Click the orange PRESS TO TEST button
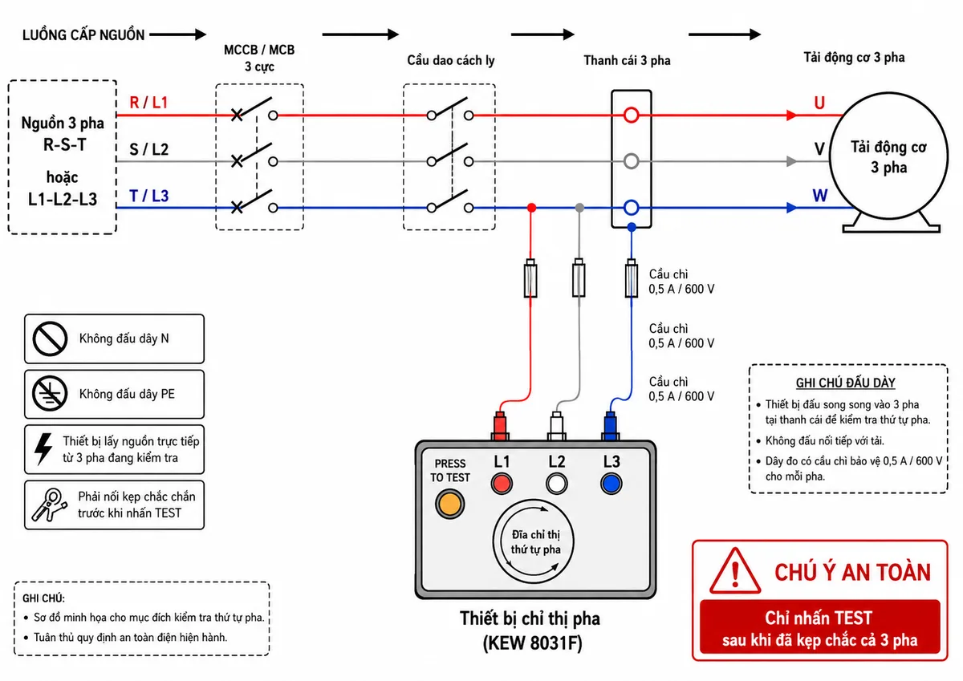[x=449, y=504]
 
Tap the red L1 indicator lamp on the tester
[x=502, y=484]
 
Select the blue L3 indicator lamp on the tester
[x=612, y=484]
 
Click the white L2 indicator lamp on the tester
[x=557, y=484]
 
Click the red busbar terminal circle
[x=631, y=107]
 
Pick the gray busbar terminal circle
[x=631, y=154]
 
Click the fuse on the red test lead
[x=530, y=278]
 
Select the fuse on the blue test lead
[x=631, y=278]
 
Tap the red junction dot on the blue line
[x=532, y=208]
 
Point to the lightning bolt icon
[x=43, y=449]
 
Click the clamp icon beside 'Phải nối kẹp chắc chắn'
[x=50, y=505]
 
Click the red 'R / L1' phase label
[x=148, y=102]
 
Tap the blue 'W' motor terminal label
[x=820, y=196]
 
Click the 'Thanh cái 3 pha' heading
[x=627, y=61]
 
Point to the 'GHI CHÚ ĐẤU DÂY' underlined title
[x=845, y=383]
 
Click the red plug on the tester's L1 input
[x=500, y=426]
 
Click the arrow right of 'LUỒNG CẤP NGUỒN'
[x=177, y=34]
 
